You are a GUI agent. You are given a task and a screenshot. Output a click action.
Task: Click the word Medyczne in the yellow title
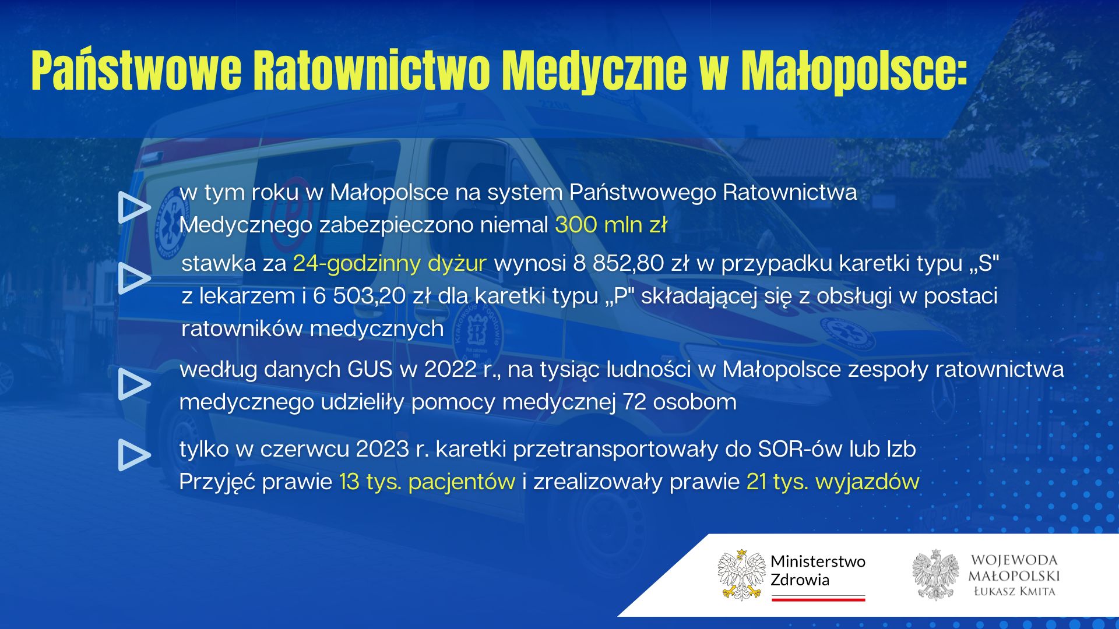point(594,71)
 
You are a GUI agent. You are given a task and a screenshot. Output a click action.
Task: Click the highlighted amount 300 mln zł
point(611,225)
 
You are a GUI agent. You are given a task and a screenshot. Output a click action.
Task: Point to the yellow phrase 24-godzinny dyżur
point(389,264)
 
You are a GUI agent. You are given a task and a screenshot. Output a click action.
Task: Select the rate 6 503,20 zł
point(372,296)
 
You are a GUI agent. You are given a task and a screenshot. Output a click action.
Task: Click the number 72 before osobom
point(635,402)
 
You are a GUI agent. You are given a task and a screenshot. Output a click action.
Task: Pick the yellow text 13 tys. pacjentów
point(427,482)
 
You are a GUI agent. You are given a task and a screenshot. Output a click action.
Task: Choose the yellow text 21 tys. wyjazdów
point(833,482)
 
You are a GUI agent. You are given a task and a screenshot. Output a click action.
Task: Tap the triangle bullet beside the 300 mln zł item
point(133,207)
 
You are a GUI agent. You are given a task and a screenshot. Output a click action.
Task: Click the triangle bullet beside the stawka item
point(133,278)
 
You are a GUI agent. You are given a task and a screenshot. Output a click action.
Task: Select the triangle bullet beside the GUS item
point(133,384)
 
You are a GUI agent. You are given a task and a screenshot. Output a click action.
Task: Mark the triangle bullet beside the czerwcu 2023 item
point(133,455)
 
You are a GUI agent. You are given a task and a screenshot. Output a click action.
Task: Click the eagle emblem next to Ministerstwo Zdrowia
point(741,575)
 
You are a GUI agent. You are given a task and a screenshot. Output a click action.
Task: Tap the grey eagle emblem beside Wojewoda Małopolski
point(935,575)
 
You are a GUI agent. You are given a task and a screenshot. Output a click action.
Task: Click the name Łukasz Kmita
point(1014,592)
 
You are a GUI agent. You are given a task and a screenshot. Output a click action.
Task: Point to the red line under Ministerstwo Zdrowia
point(818,599)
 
